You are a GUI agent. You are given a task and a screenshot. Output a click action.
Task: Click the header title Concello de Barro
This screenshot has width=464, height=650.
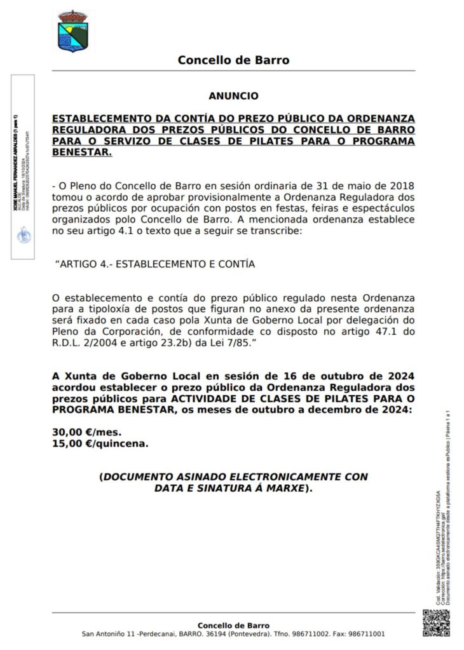[x=233, y=60]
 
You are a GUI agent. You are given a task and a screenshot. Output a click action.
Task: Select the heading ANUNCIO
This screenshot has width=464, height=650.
[x=233, y=96]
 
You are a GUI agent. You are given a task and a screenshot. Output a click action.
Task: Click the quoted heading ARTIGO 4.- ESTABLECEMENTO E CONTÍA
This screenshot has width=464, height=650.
[x=156, y=264]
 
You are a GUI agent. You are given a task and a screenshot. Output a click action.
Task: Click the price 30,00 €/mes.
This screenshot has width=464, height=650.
[x=86, y=432]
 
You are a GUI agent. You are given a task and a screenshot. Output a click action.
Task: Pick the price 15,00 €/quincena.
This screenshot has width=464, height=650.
[x=100, y=443]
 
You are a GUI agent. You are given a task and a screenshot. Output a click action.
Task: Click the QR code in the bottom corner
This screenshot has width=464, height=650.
[x=436, y=624]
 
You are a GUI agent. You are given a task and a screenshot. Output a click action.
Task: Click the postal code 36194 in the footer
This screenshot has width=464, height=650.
[x=217, y=634]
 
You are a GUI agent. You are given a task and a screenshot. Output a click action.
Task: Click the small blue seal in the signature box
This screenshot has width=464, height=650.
[x=22, y=234]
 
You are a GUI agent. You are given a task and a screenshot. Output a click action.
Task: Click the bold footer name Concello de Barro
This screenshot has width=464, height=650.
[x=233, y=625]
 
